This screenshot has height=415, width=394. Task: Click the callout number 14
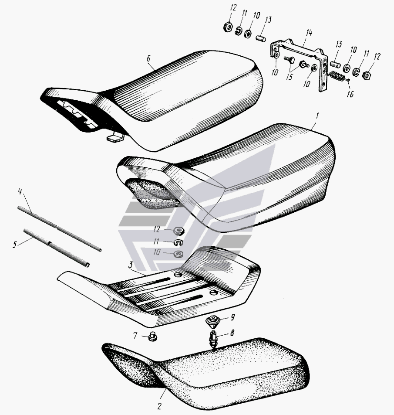coord(309,33)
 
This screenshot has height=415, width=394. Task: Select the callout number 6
coord(148,58)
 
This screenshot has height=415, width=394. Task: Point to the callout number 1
coord(317,116)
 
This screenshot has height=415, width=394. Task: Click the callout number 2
coord(159,406)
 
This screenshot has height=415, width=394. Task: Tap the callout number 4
coord(20,191)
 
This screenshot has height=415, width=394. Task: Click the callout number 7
coord(135,336)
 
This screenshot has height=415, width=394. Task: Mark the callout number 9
coord(232,317)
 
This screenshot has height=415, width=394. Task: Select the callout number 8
coord(232,333)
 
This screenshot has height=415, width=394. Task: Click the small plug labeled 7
coord(152,337)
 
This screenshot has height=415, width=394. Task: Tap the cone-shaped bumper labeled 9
coord(213,320)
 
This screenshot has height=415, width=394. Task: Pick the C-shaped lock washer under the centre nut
coord(178,242)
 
